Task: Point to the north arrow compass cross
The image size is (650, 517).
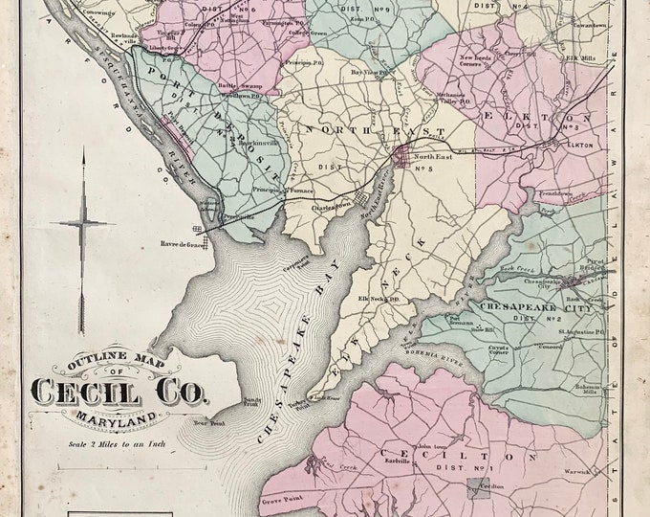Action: (x=83, y=223)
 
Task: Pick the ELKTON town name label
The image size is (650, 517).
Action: (x=580, y=145)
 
